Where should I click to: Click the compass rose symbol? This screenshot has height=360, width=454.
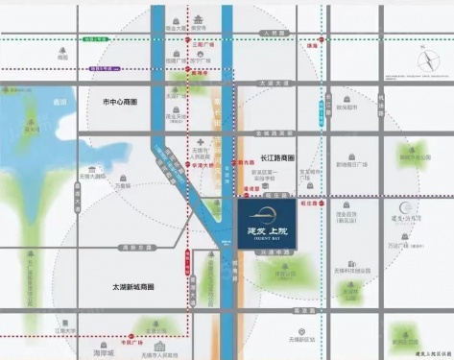coord(427,60)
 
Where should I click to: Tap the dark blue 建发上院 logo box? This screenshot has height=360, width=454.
coord(276,223)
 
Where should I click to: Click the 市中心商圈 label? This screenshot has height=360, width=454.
coord(121,101)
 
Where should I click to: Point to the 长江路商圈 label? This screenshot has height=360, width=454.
coord(277,156)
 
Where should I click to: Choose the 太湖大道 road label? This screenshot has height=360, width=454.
coord(274,83)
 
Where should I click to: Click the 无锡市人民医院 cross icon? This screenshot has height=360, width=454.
coord(202,141)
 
